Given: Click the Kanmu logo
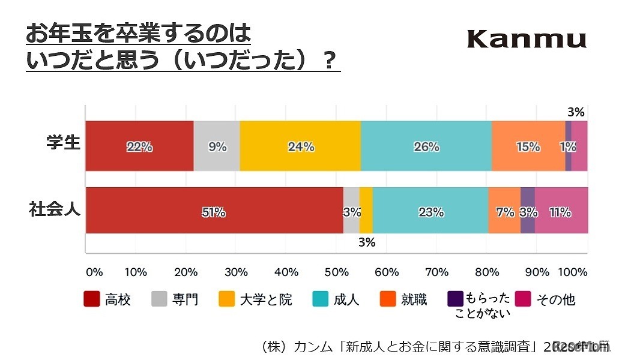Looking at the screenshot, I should (x=526, y=40).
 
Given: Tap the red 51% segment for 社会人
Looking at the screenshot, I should (x=214, y=212).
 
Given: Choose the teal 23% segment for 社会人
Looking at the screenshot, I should (x=430, y=212).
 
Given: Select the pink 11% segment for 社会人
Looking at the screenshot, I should (x=561, y=212).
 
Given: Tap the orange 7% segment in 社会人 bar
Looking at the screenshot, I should (x=504, y=212).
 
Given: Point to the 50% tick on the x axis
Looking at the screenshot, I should (x=337, y=272).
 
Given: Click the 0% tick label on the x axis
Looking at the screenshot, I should (x=94, y=272).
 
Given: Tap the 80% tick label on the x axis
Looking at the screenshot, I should (x=487, y=272).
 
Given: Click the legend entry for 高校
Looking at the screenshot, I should (x=107, y=299).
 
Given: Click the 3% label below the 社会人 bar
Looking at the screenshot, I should (x=367, y=243).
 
